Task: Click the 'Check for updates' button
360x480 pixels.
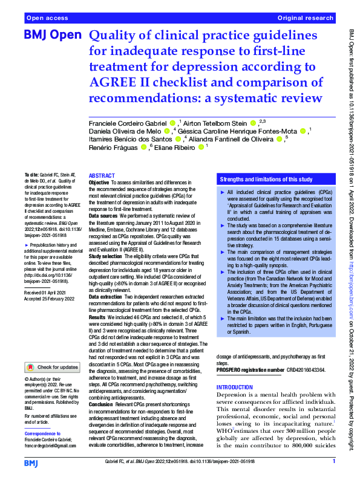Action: [52, 367]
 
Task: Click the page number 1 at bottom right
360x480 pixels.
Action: [333, 462]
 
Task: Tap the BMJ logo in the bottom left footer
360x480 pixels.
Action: [31, 463]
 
